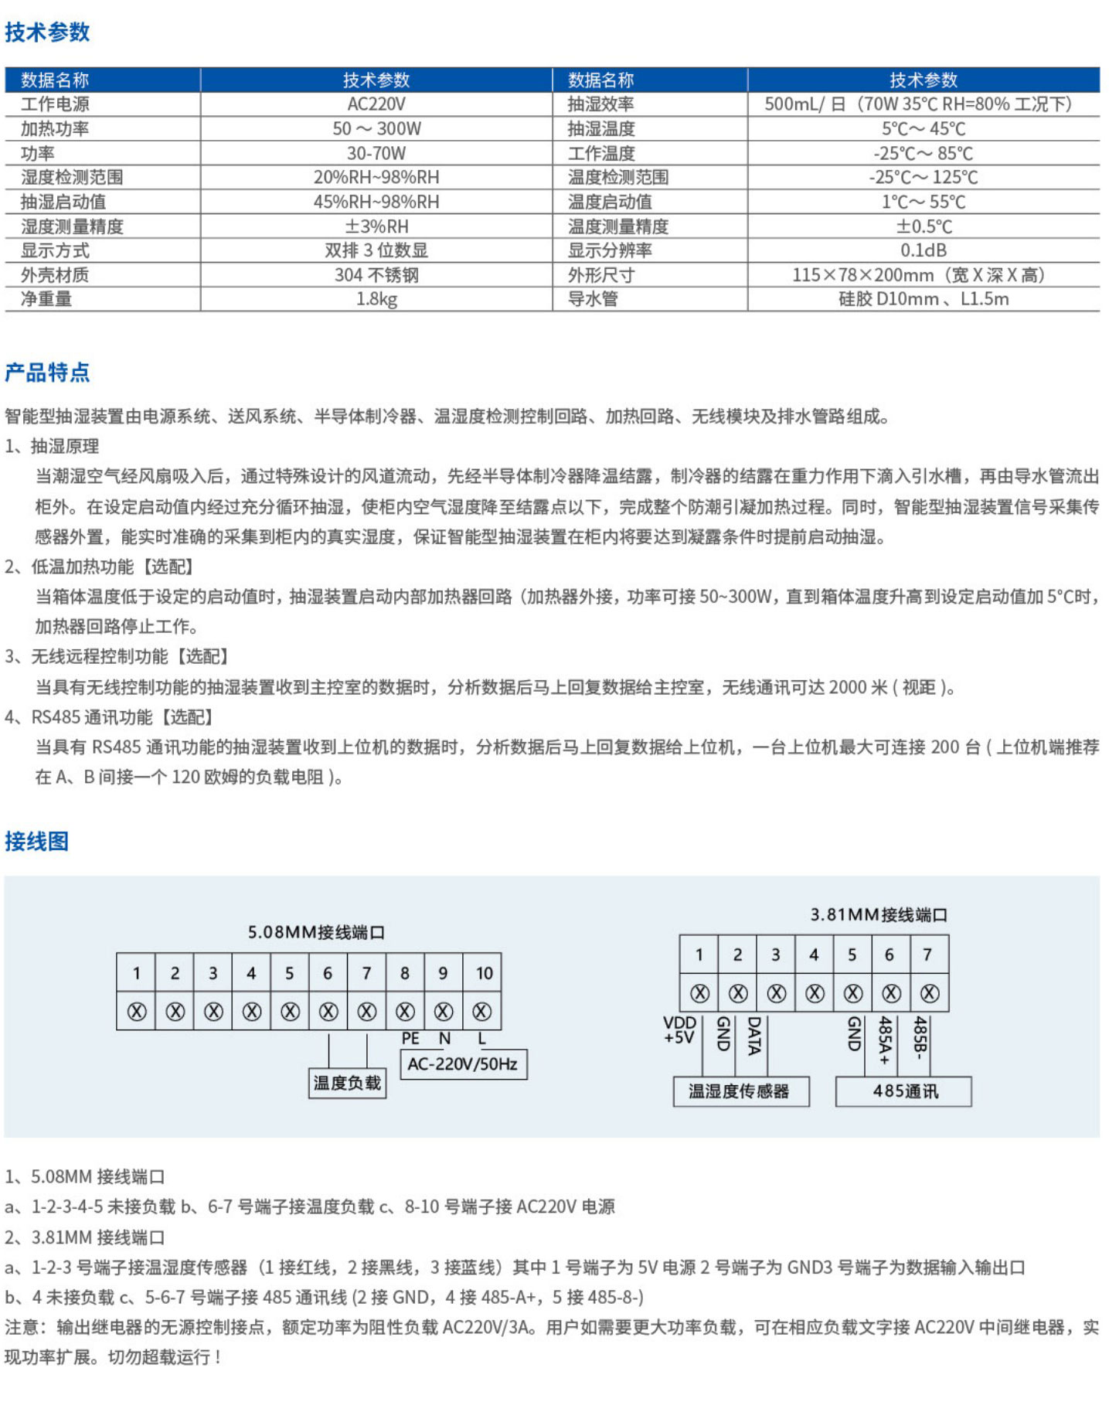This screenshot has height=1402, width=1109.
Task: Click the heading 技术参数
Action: click(x=47, y=32)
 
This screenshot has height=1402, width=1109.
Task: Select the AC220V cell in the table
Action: click(x=376, y=104)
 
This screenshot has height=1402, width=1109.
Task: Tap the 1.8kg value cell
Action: click(x=376, y=299)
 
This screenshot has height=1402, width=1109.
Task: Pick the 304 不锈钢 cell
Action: click(x=376, y=275)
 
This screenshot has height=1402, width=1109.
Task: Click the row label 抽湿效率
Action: click(x=600, y=104)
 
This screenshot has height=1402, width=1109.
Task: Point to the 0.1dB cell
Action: click(x=923, y=250)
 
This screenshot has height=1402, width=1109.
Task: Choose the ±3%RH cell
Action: click(x=376, y=226)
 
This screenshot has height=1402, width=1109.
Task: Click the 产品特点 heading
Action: click(x=47, y=373)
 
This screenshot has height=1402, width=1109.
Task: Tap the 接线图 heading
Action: click(x=36, y=841)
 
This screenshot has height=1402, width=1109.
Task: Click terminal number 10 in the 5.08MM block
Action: click(x=484, y=973)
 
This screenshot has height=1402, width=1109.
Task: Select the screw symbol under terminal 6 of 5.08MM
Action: click(x=328, y=1011)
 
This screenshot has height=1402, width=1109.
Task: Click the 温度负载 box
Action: click(x=347, y=1083)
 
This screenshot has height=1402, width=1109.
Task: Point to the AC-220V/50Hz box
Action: click(x=462, y=1064)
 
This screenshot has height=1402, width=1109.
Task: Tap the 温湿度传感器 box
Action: click(x=740, y=1091)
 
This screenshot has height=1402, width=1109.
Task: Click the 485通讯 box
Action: click(x=904, y=1091)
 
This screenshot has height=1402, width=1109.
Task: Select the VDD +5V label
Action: click(x=679, y=1030)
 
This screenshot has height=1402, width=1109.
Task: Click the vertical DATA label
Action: click(x=754, y=1036)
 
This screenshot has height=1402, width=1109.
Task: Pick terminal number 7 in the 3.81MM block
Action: click(x=927, y=955)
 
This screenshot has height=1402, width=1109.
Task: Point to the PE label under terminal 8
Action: click(x=410, y=1039)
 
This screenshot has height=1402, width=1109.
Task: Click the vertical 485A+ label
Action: click(x=885, y=1040)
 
